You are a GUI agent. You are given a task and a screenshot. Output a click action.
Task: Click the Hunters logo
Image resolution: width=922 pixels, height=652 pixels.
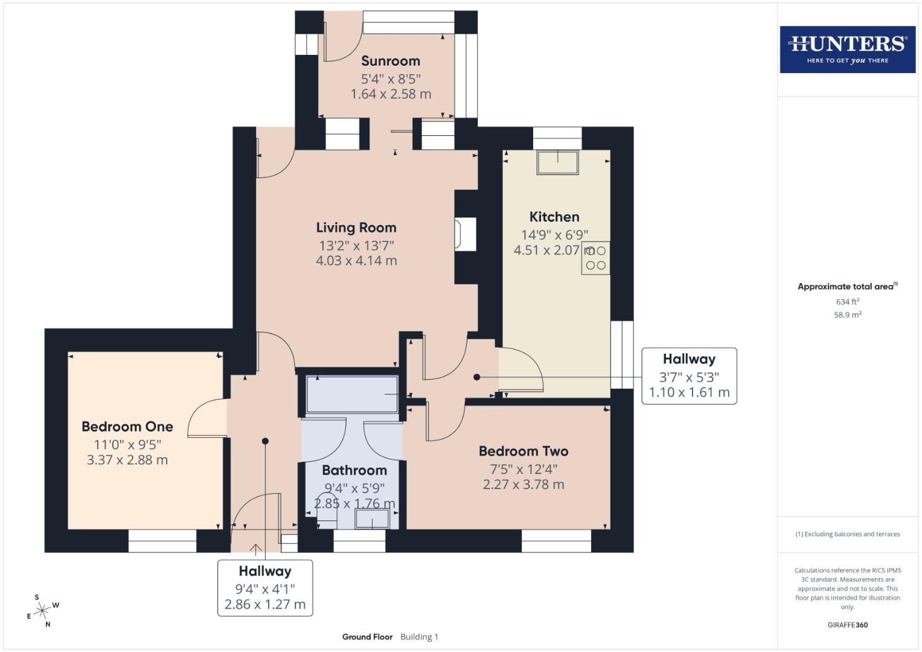pos(847,49)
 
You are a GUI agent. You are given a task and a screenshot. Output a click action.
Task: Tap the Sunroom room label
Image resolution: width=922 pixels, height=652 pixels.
pos(391,61)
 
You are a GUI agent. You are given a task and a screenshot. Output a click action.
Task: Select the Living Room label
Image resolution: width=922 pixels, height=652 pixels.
pos(356,228)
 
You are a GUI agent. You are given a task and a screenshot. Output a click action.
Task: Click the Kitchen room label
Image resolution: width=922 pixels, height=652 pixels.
pos(554,217)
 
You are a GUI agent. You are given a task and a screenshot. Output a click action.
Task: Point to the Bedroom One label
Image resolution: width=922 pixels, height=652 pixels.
pos(127,426)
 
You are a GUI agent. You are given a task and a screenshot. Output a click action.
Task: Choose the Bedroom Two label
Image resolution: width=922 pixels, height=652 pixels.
pos(523,451)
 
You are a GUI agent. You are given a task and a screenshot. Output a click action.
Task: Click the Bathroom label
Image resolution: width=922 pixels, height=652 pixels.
pos(354,470)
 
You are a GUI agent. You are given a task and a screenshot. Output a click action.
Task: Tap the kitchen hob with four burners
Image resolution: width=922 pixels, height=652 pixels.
pos(595,258)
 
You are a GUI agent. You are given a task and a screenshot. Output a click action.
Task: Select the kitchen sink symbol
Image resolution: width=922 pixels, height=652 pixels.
pos(558,162)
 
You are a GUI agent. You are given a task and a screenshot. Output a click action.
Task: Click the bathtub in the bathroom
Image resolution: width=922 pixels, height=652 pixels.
pos(352,394)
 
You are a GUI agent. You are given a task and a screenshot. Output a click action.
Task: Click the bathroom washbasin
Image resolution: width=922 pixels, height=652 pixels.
pos(372,519)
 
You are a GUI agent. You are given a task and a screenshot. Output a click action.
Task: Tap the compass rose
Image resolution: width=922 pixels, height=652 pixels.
pos(42,611)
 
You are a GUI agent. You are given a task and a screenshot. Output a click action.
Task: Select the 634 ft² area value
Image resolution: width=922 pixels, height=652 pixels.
pos(847,302)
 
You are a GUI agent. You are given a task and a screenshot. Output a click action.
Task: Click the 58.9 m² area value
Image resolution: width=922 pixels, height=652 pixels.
pos(847,315)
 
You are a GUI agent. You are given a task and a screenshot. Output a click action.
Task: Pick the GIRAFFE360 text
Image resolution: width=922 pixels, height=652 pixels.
pos(847,625)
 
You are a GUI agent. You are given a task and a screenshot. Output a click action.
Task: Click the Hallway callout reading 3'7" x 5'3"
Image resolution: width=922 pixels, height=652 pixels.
pos(689,376)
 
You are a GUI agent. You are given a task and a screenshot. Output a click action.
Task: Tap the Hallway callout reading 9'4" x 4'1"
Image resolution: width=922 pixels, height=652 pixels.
pos(265,587)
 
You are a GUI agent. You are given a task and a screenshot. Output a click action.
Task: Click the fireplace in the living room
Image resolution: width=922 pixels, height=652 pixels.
pos(465,234)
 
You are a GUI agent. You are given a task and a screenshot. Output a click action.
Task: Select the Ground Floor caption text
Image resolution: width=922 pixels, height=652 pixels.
pos(367,637)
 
